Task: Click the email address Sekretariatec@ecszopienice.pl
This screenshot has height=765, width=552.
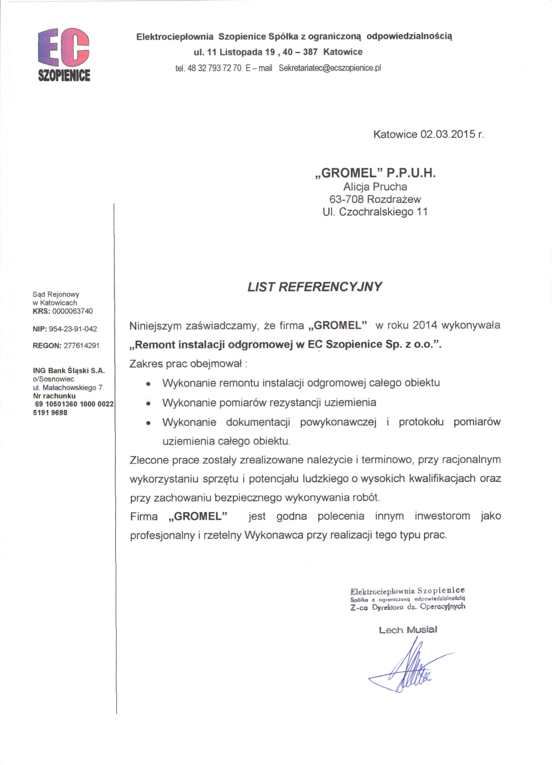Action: [x=330, y=68]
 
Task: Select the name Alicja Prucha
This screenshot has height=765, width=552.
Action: [x=375, y=186]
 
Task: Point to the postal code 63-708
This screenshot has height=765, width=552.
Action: [x=346, y=199]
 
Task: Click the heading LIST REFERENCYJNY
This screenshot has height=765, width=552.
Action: [x=314, y=287]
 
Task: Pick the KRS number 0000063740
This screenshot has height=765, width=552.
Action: [x=73, y=311]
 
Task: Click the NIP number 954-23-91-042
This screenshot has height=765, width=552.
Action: [x=73, y=329]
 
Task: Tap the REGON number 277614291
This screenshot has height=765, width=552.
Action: [x=81, y=346]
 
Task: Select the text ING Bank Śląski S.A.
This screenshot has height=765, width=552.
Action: [x=69, y=371]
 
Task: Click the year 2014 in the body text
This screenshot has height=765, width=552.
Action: [x=425, y=325]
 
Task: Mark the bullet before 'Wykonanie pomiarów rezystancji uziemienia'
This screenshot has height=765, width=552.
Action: [x=148, y=403]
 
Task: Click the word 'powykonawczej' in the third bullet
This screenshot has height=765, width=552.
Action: [x=338, y=422]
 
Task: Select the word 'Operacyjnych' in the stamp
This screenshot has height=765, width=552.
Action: [x=443, y=606]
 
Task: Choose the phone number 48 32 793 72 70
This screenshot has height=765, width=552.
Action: [x=214, y=68]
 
